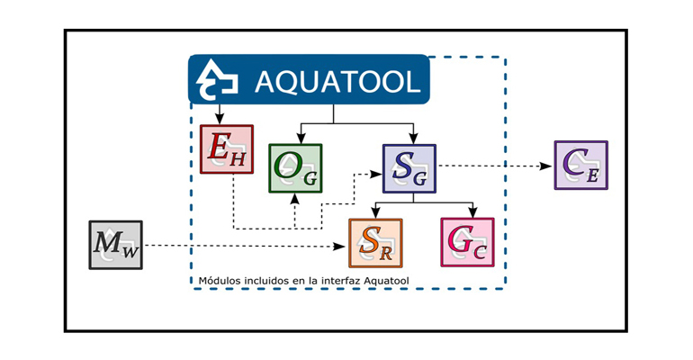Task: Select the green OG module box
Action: point(296,168)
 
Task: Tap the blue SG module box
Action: point(409,168)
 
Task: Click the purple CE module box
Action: point(580,165)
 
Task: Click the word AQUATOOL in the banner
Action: point(337,82)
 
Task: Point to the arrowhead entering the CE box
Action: point(549,166)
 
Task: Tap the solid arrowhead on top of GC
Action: point(471,213)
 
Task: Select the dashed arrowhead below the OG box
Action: point(295,199)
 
